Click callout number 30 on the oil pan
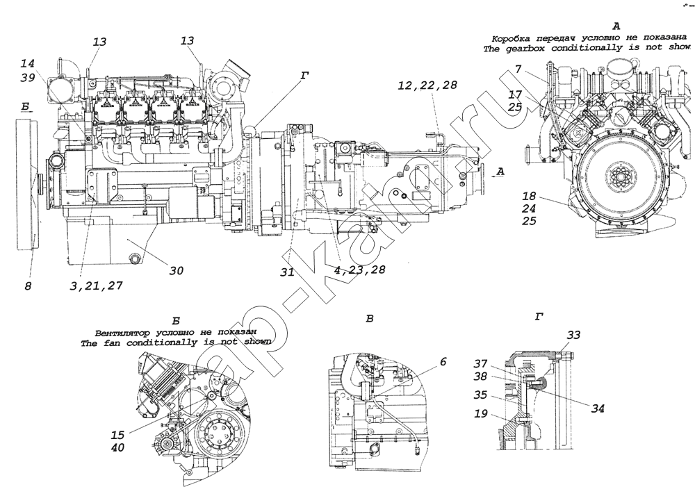177,272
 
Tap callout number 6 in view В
443,361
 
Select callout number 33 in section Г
573,336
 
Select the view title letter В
370,319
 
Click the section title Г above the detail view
539,317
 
